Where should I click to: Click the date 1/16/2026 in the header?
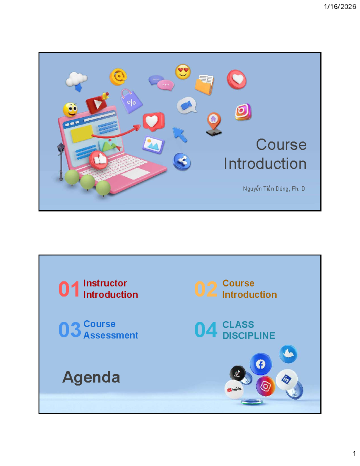point(340,7)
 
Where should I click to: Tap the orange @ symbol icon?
point(118,77)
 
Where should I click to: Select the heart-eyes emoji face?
point(183,72)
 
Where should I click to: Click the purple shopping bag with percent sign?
point(131,101)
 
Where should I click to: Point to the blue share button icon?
point(182,162)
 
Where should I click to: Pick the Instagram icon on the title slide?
point(243,112)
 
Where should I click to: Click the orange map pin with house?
point(214,124)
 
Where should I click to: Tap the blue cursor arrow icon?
point(180,134)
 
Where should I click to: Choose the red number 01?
point(69,289)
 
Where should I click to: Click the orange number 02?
point(205,289)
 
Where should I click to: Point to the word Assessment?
point(111,335)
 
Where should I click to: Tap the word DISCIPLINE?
point(249,335)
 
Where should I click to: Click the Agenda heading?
point(91,377)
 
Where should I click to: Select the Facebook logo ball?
point(260,364)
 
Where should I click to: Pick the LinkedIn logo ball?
point(287,380)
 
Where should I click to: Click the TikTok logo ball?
point(238,373)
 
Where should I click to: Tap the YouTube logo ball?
point(234,389)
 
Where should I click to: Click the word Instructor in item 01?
point(105,283)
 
